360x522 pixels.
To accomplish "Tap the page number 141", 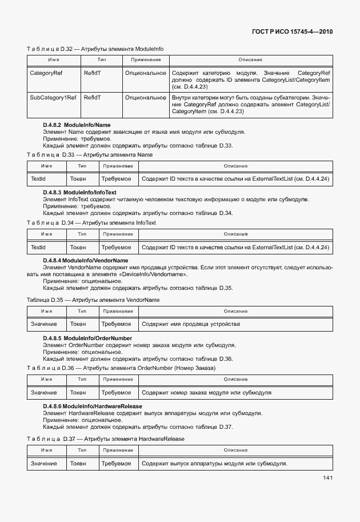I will click(x=326, y=478).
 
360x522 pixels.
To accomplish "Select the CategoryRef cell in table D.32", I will click(x=46, y=73).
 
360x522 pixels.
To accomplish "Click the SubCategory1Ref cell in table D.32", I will click(x=53, y=98).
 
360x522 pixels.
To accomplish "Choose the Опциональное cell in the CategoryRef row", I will click(x=145, y=73).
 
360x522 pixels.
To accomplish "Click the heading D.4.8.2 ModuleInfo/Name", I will click(x=77, y=125).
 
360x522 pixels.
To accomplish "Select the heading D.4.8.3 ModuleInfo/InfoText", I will click(x=79, y=193).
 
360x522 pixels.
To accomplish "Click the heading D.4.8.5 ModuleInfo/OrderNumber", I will click(x=87, y=338).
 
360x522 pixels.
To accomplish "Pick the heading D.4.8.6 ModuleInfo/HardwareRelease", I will click(x=93, y=406).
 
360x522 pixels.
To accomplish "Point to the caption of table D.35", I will click(x=93, y=300).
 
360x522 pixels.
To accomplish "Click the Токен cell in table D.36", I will click(x=78, y=393).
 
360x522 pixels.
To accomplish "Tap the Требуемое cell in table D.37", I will click(x=116, y=463).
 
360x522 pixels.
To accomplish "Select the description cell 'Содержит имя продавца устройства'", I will click(x=190, y=324).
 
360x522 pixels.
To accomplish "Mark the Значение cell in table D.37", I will click(x=44, y=463).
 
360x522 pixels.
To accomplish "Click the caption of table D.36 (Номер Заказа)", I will click(x=121, y=368).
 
